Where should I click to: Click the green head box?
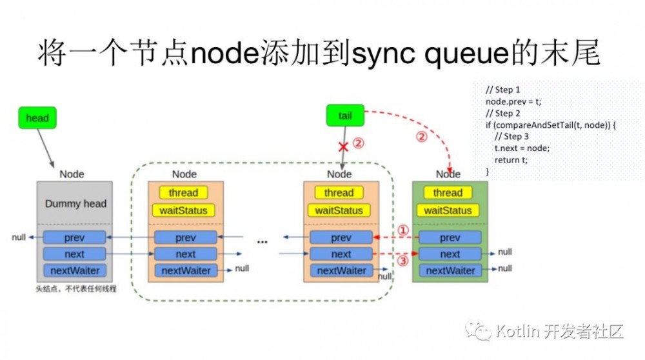pyautogui.click(x=37, y=118)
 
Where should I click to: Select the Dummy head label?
pyautogui.click(x=75, y=204)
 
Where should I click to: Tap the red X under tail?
pyautogui.click(x=344, y=147)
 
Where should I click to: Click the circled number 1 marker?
pyautogui.click(x=402, y=230)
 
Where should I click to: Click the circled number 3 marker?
pyautogui.click(x=402, y=261)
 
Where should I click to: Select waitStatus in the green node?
pyautogui.click(x=450, y=210)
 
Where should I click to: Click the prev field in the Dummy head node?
pyautogui.click(x=74, y=237)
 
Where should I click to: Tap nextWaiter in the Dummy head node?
pyautogui.click(x=74, y=270)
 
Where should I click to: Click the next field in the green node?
pyautogui.click(x=450, y=254)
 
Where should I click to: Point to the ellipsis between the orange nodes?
pyautogui.click(x=262, y=242)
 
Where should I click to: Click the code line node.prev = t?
pyautogui.click(x=513, y=102)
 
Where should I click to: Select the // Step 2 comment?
pyautogui.click(x=502, y=114)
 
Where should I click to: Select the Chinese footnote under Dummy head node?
pyautogui.click(x=75, y=289)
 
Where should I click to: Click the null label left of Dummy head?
pyautogui.click(x=19, y=237)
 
